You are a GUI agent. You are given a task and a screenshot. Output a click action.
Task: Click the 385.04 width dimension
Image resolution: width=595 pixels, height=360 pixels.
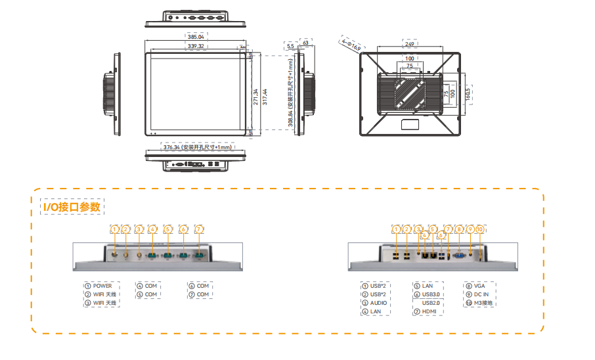[196, 37]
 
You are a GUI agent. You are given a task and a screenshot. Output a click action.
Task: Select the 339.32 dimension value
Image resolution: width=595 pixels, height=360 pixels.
[196, 47]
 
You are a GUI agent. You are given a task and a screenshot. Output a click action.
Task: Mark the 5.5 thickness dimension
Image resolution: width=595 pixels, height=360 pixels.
[290, 46]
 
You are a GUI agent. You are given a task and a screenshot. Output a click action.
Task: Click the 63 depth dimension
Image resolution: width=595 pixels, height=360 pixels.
[305, 43]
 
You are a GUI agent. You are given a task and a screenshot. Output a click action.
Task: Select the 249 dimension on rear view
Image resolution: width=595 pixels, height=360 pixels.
[409, 44]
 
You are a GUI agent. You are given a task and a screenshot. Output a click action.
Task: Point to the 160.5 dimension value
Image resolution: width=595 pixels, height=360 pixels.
[468, 93]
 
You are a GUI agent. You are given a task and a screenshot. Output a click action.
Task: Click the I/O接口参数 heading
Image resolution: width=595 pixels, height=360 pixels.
[72, 208]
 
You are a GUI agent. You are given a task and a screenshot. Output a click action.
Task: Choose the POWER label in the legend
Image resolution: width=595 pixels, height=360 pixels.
[102, 286]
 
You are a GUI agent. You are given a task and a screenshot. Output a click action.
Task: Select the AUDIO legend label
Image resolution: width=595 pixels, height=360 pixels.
[378, 303]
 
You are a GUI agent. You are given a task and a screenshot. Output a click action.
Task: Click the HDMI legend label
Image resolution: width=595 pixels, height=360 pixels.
[430, 311]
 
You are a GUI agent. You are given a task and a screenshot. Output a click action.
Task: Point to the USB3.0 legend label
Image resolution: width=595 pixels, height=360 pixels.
[431, 294]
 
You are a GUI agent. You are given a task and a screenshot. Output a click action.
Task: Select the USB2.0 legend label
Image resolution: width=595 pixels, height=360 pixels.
[431, 302]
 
